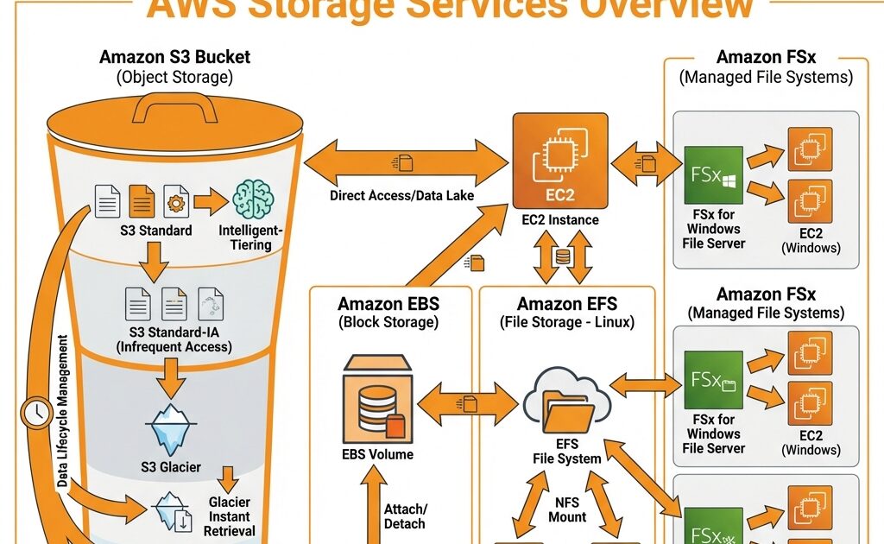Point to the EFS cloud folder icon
565,402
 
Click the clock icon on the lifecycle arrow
36,414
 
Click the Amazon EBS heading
388,304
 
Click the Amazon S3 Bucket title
174,58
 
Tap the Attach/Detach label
404,516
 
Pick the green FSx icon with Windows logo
713,175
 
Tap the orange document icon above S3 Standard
142,202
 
